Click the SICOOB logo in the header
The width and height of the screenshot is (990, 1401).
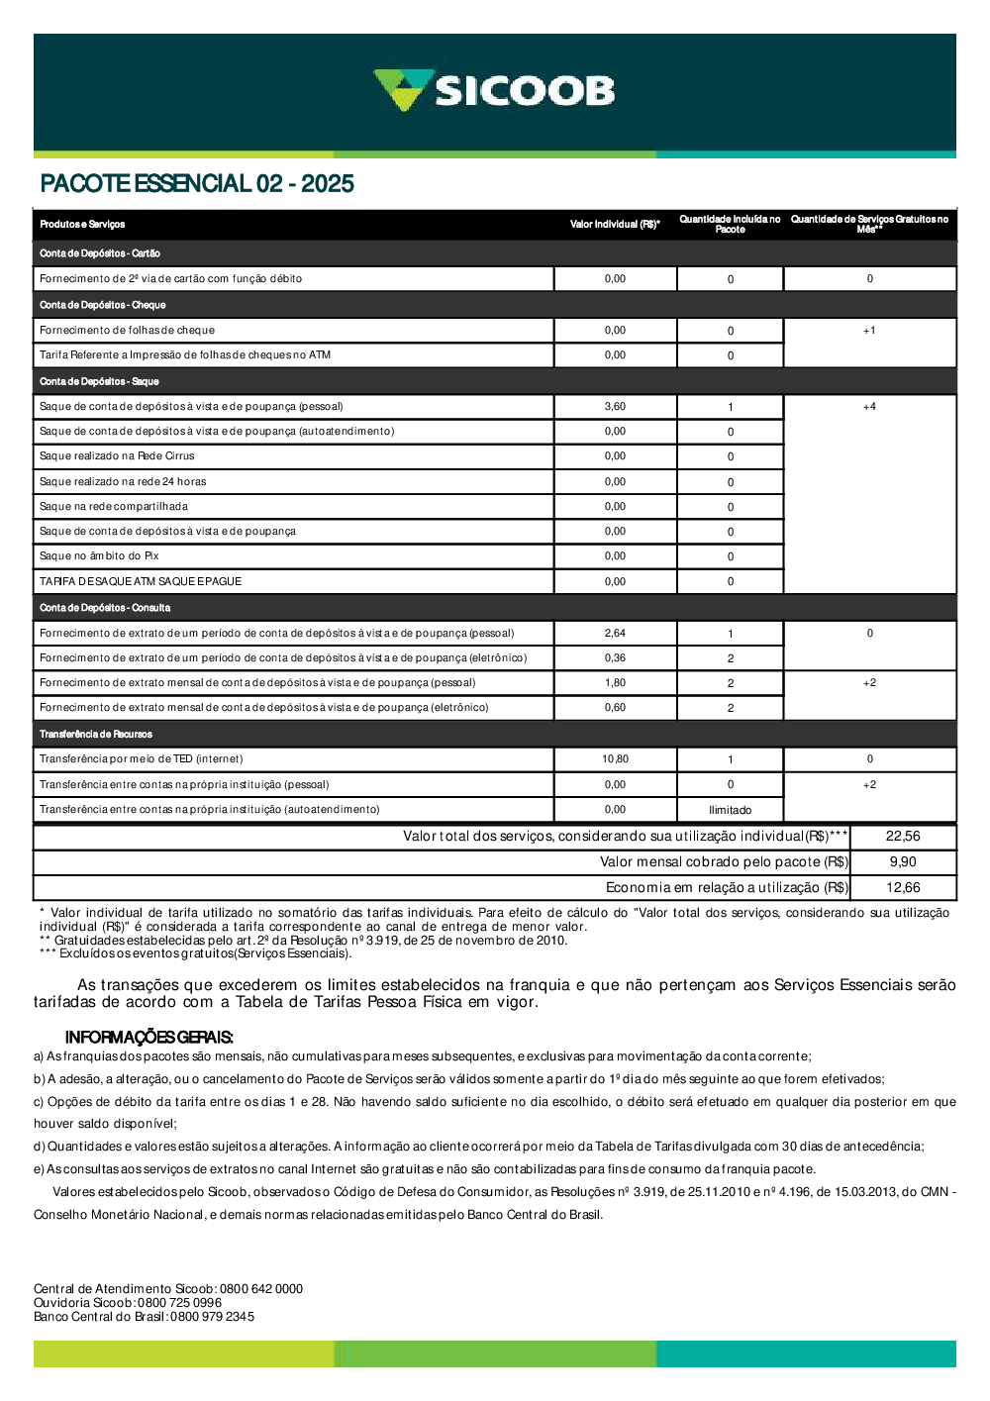[x=494, y=90]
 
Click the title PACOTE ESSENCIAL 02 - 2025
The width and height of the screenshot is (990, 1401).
[x=197, y=183]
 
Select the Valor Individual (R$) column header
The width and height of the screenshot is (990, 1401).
[x=615, y=225]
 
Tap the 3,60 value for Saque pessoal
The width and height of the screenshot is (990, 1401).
[x=615, y=407]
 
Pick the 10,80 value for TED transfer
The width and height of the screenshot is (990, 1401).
[x=615, y=759]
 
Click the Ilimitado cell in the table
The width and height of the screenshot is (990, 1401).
[x=730, y=810]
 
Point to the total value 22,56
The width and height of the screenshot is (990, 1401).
[x=903, y=837]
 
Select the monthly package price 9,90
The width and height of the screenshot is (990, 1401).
[x=903, y=862]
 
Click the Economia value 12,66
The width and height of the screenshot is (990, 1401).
[x=903, y=888]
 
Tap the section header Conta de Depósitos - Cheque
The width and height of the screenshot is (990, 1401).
[x=103, y=305]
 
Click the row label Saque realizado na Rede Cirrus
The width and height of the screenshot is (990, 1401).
[x=117, y=456]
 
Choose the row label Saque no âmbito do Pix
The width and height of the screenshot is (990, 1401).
[x=99, y=556]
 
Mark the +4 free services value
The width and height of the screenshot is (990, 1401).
[x=869, y=407]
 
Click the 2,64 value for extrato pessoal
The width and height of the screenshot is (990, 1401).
[x=615, y=634]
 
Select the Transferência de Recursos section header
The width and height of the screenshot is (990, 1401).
[x=96, y=735]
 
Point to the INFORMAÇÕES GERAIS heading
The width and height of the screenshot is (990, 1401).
[x=148, y=1038]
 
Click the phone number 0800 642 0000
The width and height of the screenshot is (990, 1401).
[x=261, y=1289]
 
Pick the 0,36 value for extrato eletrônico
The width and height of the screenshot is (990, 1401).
[x=615, y=658]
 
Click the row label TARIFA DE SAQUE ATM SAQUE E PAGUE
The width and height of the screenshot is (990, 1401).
[x=141, y=582]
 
